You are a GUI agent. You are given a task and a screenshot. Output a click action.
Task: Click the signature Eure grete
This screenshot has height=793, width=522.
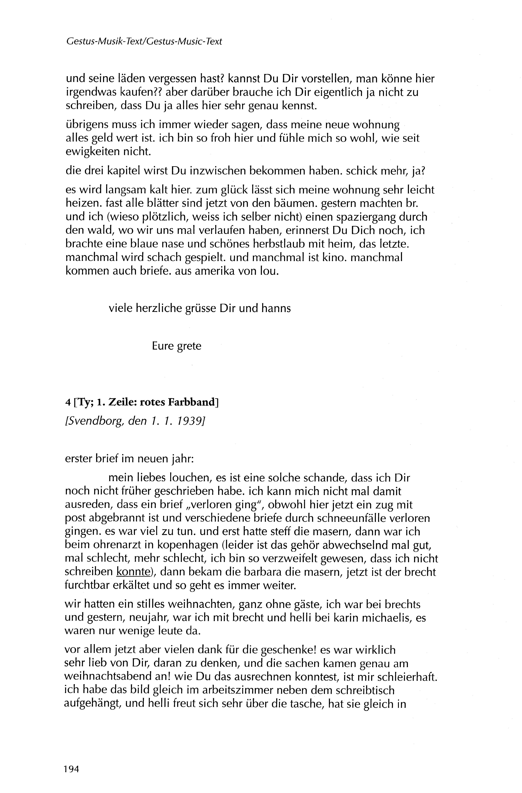point(177,346)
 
